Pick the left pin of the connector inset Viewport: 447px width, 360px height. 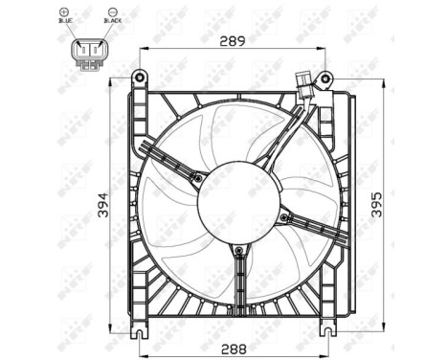click(85, 49)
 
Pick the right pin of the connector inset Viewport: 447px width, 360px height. click(97, 49)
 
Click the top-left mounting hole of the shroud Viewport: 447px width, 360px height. click(139, 77)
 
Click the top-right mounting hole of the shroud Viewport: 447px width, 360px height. click(326, 77)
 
